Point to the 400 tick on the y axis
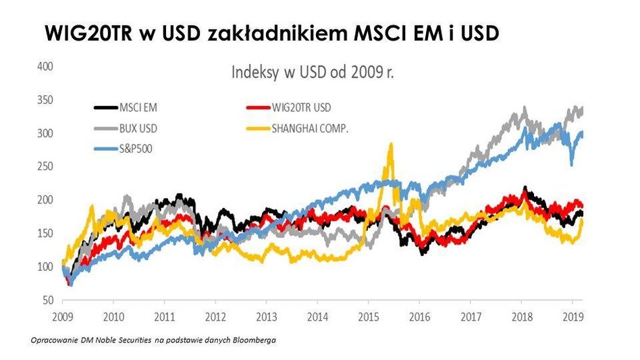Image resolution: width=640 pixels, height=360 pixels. [45, 66]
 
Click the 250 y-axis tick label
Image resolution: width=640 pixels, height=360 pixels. [45, 166]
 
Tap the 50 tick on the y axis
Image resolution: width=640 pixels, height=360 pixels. [47, 299]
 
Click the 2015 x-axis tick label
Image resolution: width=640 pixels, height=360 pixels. [368, 315]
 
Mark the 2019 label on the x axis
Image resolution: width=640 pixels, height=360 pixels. [572, 315]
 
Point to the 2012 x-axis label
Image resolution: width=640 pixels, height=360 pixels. [215, 315]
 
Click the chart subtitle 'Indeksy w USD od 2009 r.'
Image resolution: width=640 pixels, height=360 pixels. [313, 72]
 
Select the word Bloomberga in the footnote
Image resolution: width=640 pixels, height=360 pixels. [257, 340]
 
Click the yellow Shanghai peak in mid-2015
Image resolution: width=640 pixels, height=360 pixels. [390, 145]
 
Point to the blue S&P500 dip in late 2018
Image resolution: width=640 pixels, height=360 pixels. [572, 164]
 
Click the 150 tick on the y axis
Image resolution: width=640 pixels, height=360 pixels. [45, 233]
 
